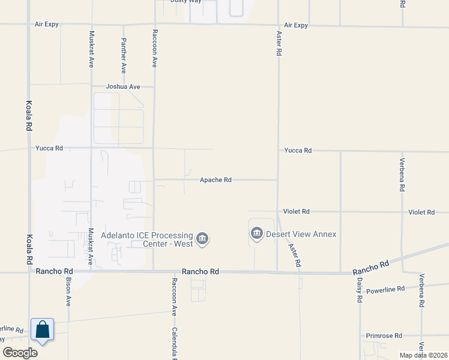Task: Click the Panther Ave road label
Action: (124, 52)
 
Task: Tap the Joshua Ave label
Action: (123, 87)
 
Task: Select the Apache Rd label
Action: (215, 180)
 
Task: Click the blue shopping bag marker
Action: (42, 330)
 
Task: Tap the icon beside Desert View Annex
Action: (257, 233)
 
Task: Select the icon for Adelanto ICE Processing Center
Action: (202, 239)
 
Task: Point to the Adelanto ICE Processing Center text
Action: (147, 239)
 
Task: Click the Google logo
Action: (20, 353)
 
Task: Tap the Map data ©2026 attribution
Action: (423, 355)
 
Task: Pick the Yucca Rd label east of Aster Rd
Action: (298, 151)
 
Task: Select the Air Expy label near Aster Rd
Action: (296, 25)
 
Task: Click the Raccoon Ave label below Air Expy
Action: (155, 48)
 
